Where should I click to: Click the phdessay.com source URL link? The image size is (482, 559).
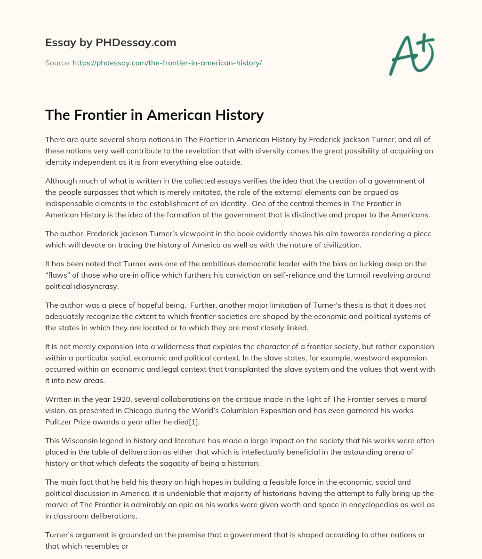pos(167,63)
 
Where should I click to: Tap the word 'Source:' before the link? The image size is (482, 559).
pos(57,63)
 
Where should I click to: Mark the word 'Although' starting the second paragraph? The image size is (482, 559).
pos(60,181)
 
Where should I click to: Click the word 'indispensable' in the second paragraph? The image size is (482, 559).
pos(70,204)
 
